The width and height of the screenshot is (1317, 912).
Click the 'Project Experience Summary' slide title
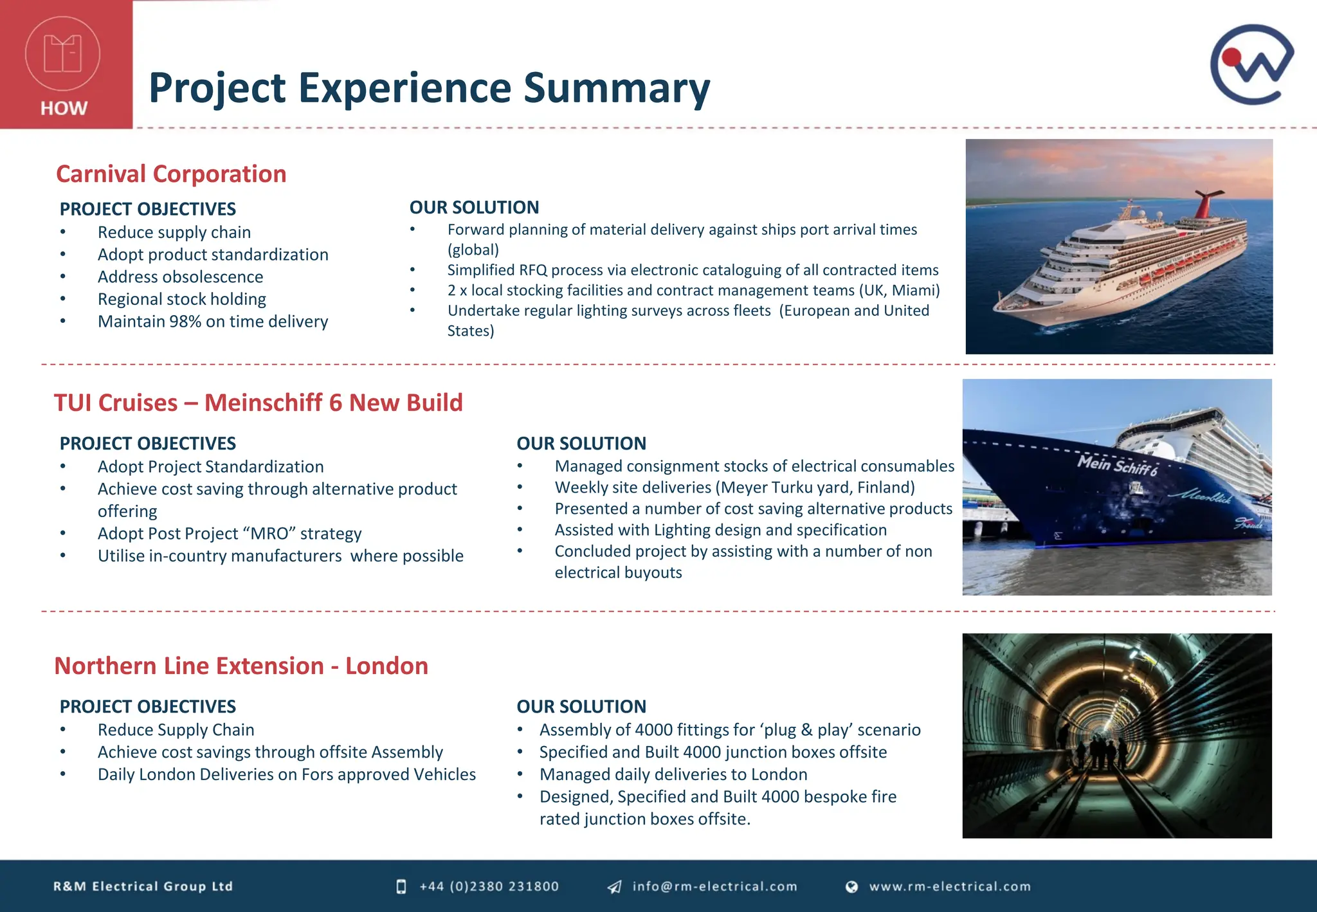[x=429, y=87]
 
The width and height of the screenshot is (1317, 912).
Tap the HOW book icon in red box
[x=62, y=53]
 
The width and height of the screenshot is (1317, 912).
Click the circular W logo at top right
[x=1251, y=64]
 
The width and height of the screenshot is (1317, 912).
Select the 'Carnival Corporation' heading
[x=171, y=174]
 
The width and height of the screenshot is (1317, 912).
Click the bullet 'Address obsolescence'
[x=180, y=277]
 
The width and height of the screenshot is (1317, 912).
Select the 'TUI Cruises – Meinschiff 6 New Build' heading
[x=258, y=403]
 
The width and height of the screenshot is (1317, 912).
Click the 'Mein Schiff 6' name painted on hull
[x=1116, y=464]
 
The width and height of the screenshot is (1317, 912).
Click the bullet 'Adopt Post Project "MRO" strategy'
[x=230, y=533]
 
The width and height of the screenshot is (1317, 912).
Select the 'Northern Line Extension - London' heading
[x=241, y=666]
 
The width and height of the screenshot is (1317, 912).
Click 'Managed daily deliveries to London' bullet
[x=673, y=774]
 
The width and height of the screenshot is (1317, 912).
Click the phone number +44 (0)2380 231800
[x=489, y=886]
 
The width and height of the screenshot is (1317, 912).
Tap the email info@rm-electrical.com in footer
[x=714, y=886]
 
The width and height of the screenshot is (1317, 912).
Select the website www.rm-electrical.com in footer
[x=950, y=886]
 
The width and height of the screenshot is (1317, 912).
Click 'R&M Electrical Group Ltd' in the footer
[x=143, y=886]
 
